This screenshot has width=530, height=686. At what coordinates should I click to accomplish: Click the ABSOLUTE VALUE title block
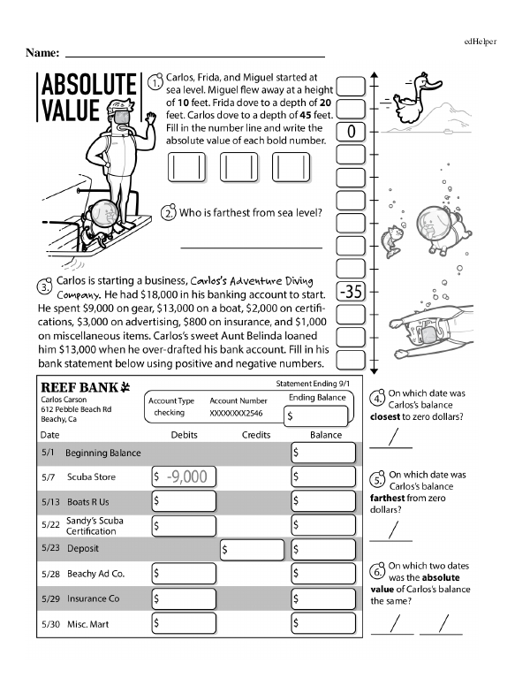tap(87, 98)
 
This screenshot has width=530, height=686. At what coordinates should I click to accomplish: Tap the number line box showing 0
tap(352, 131)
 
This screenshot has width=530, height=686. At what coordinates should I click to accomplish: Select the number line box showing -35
tap(352, 292)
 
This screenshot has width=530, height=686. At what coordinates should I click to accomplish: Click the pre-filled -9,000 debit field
tap(185, 477)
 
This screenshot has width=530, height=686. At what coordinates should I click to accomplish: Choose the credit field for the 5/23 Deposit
tap(252, 549)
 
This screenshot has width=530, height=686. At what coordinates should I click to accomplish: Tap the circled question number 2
tap(168, 213)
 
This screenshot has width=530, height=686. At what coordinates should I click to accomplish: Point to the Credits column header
tap(256, 435)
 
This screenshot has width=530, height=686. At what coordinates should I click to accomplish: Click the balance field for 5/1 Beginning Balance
tap(322, 453)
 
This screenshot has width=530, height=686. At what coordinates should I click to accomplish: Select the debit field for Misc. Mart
tap(185, 623)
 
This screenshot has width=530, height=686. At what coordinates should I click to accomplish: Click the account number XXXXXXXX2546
tap(238, 413)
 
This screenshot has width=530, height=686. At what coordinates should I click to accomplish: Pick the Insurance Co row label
tap(94, 598)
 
